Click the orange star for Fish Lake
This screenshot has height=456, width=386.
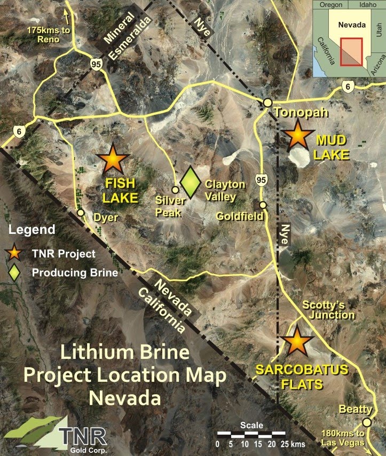114,159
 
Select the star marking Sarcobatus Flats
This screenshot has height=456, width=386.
297,342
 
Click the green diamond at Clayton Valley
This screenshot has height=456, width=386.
190,182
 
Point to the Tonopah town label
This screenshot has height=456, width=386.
292,113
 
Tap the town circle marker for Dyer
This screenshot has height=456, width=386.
81,213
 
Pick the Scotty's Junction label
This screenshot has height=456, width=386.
328,310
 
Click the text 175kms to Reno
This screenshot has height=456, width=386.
49,35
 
